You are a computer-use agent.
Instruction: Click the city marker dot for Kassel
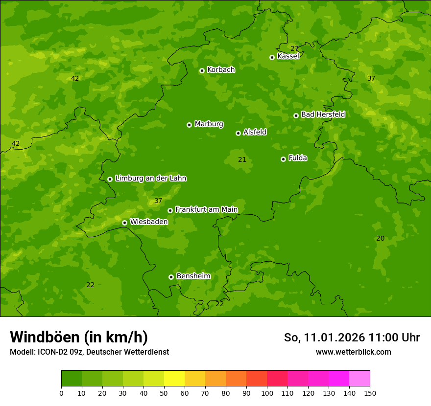[272, 57]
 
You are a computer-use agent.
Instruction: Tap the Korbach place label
[221, 69]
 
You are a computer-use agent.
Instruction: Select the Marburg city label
[209, 124]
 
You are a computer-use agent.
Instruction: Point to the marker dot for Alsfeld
[238, 133]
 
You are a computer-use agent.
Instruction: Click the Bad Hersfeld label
[323, 114]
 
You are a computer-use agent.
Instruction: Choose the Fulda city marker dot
[283, 159]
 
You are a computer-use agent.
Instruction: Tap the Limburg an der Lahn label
[150, 178]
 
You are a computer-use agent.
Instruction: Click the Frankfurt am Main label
[206, 209]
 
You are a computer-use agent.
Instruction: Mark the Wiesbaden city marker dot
[124, 223]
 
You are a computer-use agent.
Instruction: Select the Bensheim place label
[193, 276]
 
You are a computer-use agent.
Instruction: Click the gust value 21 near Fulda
[242, 159]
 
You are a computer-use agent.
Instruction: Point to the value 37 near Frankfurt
[158, 201]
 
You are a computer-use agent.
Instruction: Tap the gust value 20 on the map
[380, 238]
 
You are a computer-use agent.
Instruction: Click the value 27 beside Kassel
[294, 48]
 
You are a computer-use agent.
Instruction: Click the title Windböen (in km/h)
[79, 337]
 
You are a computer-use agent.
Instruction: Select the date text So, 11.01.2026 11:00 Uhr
[352, 338]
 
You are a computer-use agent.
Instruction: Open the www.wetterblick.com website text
[353, 352]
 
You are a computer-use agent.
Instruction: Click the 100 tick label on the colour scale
[267, 393]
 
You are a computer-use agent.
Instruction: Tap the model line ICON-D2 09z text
[89, 352]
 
